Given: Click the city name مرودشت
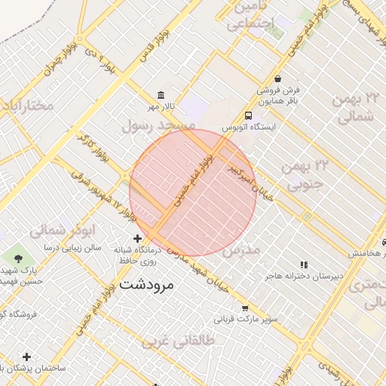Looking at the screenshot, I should click(x=146, y=284).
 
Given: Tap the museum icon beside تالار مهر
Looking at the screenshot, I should click(x=161, y=95).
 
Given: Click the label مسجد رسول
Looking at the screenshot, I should click(x=158, y=125).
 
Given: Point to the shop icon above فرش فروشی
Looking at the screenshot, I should click(x=277, y=78).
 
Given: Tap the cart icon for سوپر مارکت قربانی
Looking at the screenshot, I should click(x=245, y=308).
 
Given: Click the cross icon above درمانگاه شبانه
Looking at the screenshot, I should click(x=136, y=238).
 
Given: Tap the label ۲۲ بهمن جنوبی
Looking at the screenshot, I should click(x=302, y=174).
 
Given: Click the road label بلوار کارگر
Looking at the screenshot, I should click(x=92, y=151).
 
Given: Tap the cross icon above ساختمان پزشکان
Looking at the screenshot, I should click(x=27, y=356).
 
